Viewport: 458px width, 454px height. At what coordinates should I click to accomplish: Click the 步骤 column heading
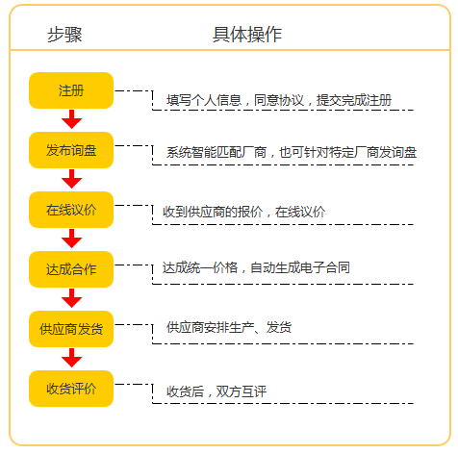tap(64, 35)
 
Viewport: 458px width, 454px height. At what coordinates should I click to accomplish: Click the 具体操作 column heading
tap(247, 35)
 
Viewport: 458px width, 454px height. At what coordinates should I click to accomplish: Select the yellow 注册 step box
tap(71, 90)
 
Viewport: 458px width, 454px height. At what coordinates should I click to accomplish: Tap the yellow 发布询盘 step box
tap(71, 150)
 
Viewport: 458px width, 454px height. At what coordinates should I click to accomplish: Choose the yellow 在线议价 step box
tap(71, 210)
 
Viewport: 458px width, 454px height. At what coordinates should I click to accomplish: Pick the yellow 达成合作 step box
tap(71, 269)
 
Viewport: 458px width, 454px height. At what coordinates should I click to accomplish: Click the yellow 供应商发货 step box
tap(71, 329)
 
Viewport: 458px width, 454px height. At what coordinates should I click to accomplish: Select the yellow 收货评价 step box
tap(71, 389)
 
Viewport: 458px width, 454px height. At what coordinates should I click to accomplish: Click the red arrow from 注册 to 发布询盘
tap(71, 119)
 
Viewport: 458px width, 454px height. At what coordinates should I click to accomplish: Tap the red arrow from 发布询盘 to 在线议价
tap(71, 179)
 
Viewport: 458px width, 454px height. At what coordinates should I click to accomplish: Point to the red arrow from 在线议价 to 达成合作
tap(71, 239)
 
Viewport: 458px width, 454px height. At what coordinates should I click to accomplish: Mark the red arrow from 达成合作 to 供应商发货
tap(71, 298)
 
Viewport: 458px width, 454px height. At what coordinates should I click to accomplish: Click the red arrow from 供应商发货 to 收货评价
tap(71, 358)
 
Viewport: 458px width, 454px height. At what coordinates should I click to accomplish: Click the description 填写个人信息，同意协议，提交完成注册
tap(279, 100)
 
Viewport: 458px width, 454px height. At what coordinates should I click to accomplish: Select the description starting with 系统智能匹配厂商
tap(292, 152)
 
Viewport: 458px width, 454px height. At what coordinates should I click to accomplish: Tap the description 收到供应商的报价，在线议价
tap(244, 212)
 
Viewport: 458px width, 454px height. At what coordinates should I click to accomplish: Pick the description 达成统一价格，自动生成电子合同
tap(256, 267)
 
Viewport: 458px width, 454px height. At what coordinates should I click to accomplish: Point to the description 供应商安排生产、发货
tap(229, 327)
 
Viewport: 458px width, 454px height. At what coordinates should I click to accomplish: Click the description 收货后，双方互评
tap(216, 391)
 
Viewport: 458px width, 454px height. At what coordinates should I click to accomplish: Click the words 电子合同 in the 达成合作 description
tap(325, 267)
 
